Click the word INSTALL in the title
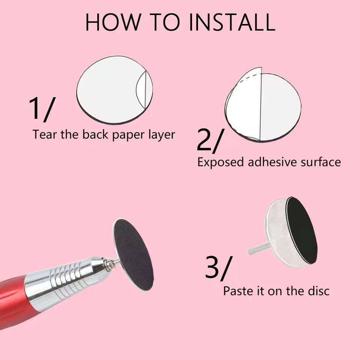coord(232,22)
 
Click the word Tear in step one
coord(45,134)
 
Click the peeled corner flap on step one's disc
coord(141,90)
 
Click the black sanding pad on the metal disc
coord(301,230)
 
